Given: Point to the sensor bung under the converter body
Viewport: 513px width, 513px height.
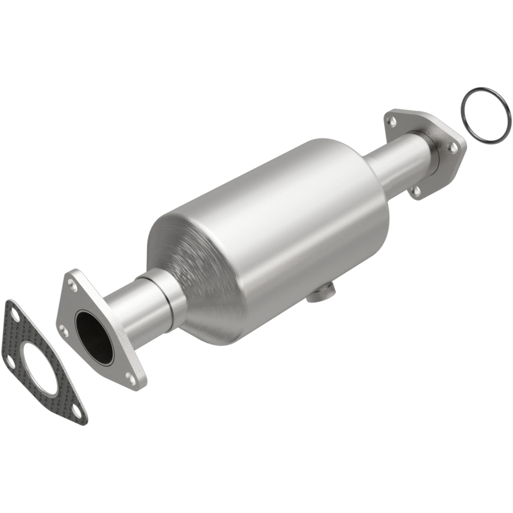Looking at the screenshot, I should [x=320, y=294].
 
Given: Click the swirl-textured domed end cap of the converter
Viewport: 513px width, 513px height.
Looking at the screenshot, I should [x=192, y=269].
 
